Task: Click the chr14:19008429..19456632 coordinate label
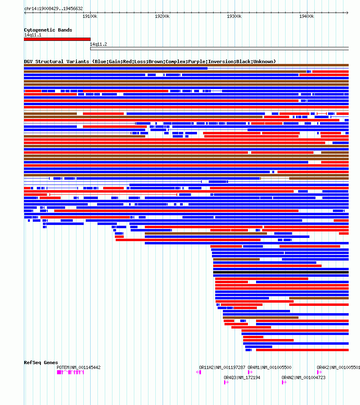pyautogui.click(x=53, y=8)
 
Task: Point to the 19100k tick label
pyautogui.click(x=90, y=16)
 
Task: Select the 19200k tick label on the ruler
pyautogui.click(x=162, y=16)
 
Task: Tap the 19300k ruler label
pyautogui.click(x=234, y=16)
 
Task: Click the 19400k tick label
pyautogui.click(x=306, y=16)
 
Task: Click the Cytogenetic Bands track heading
pyautogui.click(x=48, y=30)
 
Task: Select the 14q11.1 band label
pyautogui.click(x=33, y=35)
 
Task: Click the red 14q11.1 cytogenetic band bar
pyautogui.click(x=57, y=39)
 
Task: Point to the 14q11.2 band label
pyautogui.click(x=98, y=44)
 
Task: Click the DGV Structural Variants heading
pyautogui.click(x=150, y=61)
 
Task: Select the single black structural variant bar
pyautogui.click(x=281, y=272)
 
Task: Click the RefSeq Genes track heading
pyautogui.click(x=41, y=363)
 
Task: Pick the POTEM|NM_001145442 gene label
pyautogui.click(x=78, y=367)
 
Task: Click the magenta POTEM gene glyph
pyautogui.click(x=70, y=372)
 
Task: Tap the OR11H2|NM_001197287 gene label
pyautogui.click(x=222, y=367)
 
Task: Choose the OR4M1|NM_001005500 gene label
pyautogui.click(x=269, y=367)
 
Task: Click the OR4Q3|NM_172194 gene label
pyautogui.click(x=242, y=377)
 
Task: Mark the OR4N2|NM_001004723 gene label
pyautogui.click(x=303, y=377)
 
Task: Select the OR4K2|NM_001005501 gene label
pyautogui.click(x=338, y=367)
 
